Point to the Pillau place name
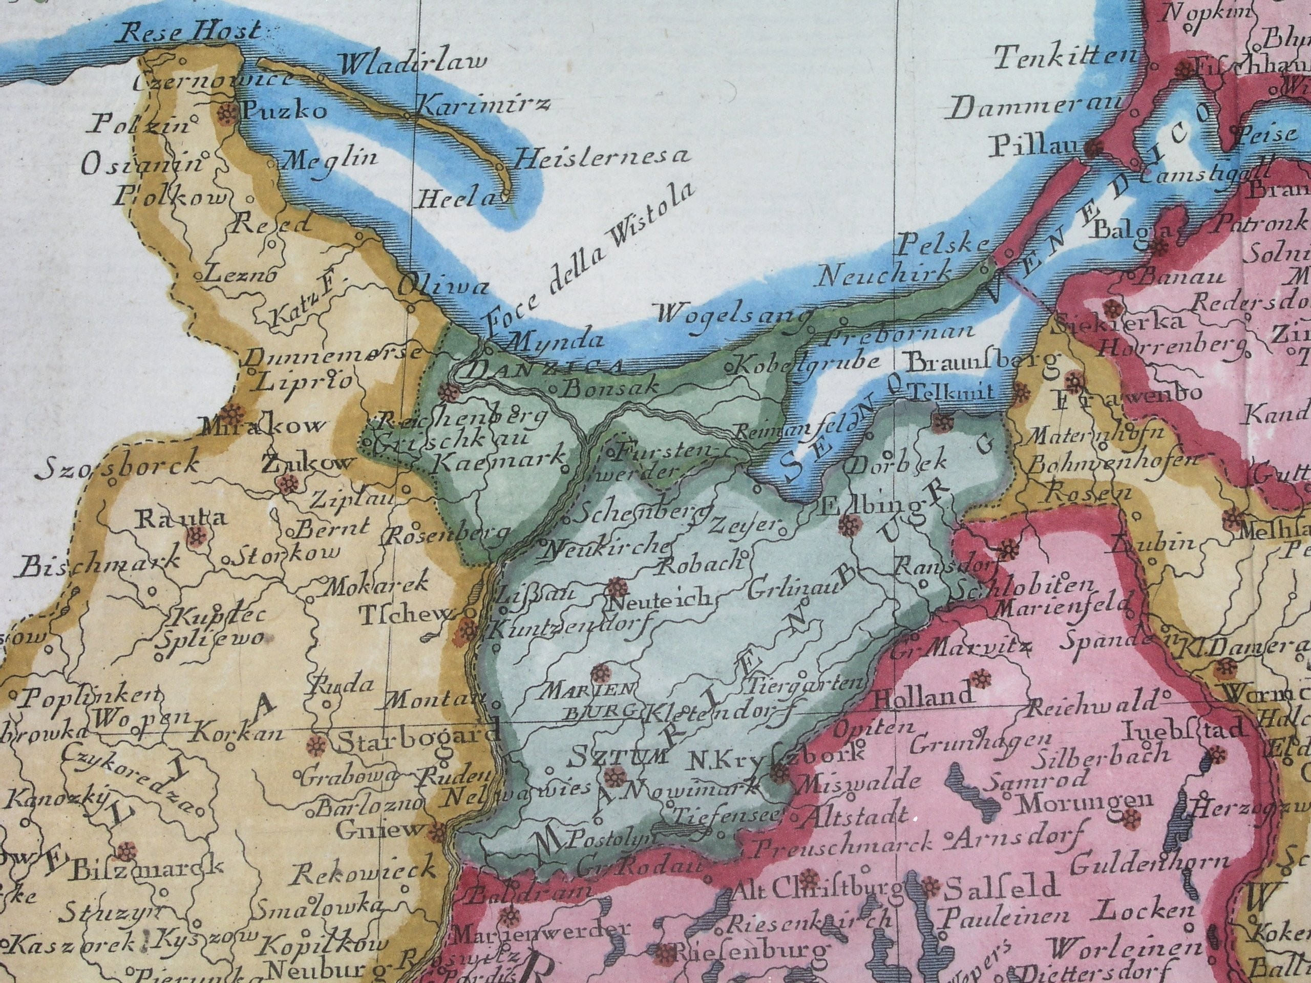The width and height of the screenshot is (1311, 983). tap(1035, 144)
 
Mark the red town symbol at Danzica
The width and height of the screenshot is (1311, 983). tap(449, 391)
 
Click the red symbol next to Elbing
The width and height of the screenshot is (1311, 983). tap(849, 524)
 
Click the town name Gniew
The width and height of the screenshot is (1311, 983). tap(380, 829)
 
